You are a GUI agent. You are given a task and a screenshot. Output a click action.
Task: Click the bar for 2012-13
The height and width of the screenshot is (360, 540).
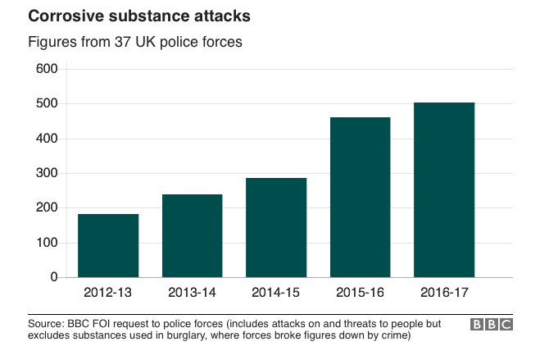pos(108,245)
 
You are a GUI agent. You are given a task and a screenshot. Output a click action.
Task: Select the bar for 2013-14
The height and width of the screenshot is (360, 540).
pos(192,235)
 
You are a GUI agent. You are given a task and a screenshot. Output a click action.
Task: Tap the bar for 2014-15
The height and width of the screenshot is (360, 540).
pos(276,227)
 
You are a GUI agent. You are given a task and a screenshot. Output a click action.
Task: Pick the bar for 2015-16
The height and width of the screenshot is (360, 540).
pos(360,197)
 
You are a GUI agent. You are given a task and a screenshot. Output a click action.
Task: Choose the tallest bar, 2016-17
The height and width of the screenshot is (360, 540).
pos(444,189)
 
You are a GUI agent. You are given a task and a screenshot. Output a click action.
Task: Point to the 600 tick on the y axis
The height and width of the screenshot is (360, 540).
pos(47,69)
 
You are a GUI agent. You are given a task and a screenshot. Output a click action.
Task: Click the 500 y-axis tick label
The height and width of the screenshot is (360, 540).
pos(47,104)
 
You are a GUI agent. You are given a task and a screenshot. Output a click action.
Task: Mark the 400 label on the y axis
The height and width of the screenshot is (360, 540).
pos(47,139)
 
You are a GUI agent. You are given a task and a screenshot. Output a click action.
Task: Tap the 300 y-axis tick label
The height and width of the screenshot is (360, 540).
pos(47,174)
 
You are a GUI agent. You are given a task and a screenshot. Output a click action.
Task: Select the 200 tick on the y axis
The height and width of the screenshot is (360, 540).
pos(47,208)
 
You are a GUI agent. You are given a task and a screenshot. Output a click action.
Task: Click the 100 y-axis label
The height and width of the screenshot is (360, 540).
pos(47,244)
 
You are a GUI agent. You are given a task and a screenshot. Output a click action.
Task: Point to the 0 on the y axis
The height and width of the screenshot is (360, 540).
pos(53,278)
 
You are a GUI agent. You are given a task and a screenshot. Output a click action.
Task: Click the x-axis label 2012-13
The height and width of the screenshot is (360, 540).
pos(108,293)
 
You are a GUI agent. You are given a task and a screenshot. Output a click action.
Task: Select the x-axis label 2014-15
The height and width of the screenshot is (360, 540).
pos(276,293)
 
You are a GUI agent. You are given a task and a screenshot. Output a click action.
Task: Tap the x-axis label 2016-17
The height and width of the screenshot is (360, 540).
pos(444,293)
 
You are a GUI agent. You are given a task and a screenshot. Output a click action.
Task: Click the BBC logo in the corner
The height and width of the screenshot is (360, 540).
pos(492,324)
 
